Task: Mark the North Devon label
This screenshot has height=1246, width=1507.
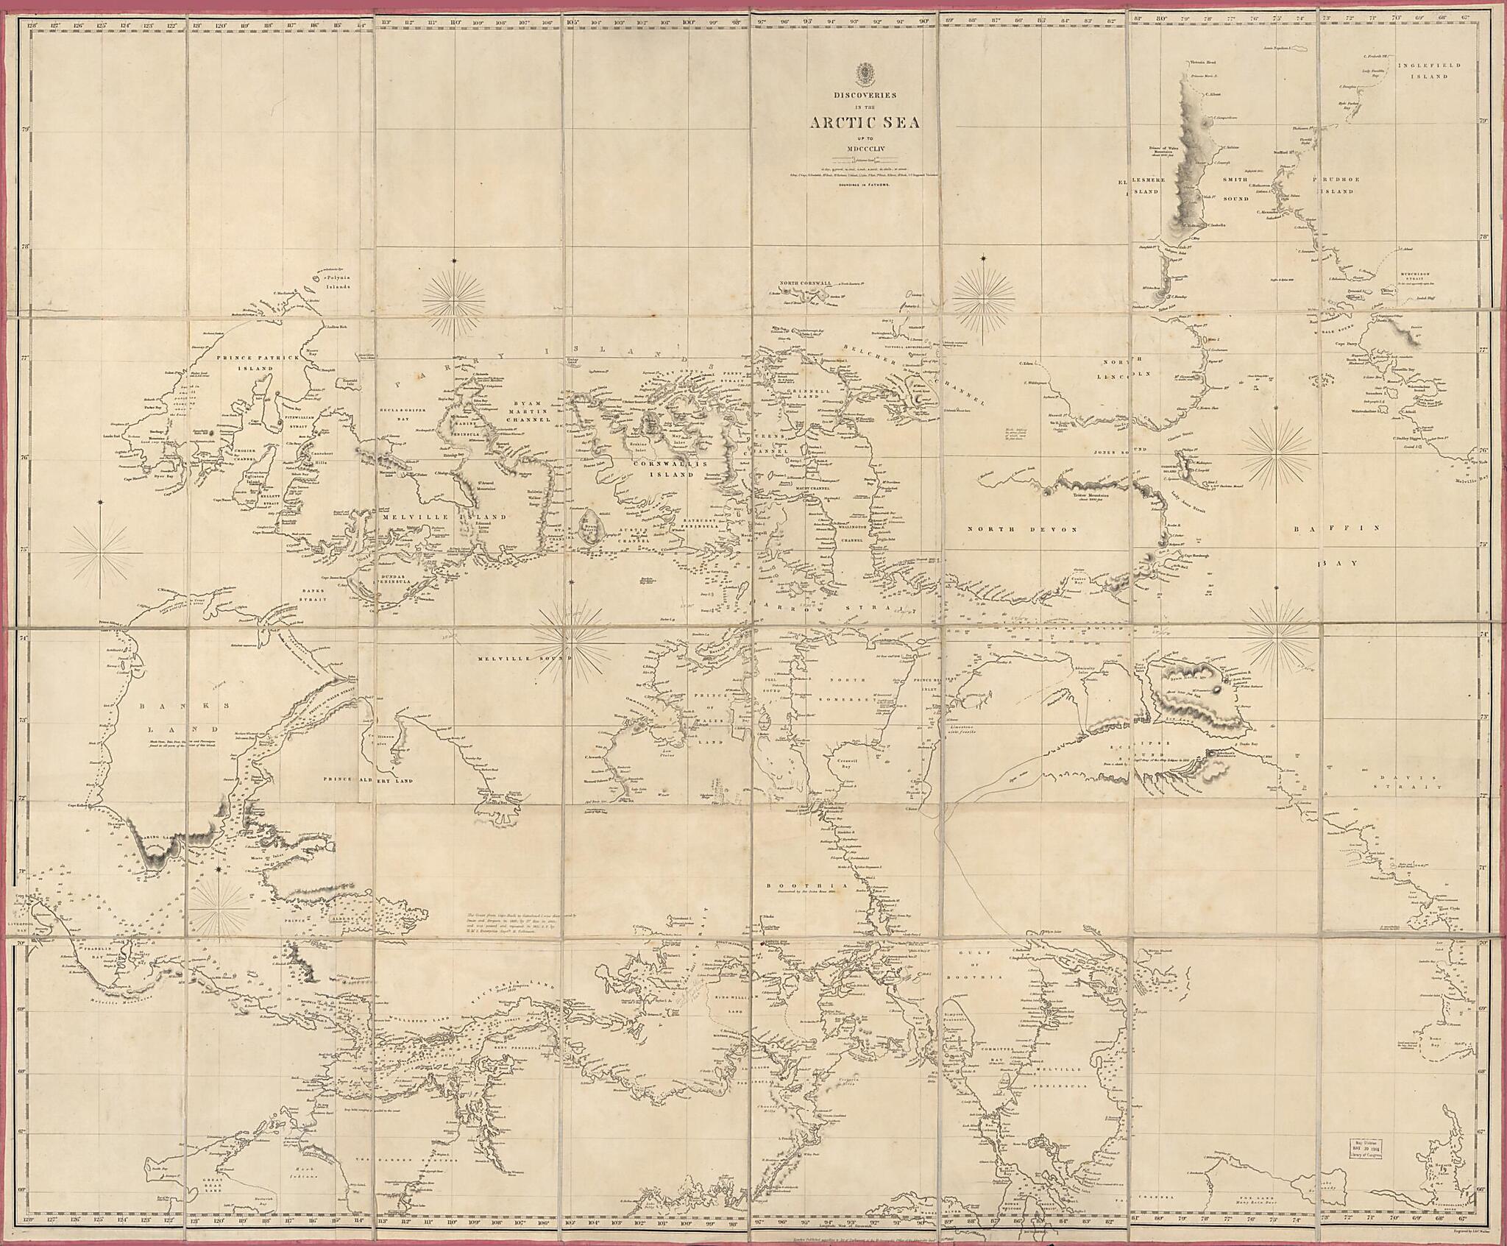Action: tap(1021, 530)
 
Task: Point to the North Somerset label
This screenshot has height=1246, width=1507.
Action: tap(857, 694)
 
